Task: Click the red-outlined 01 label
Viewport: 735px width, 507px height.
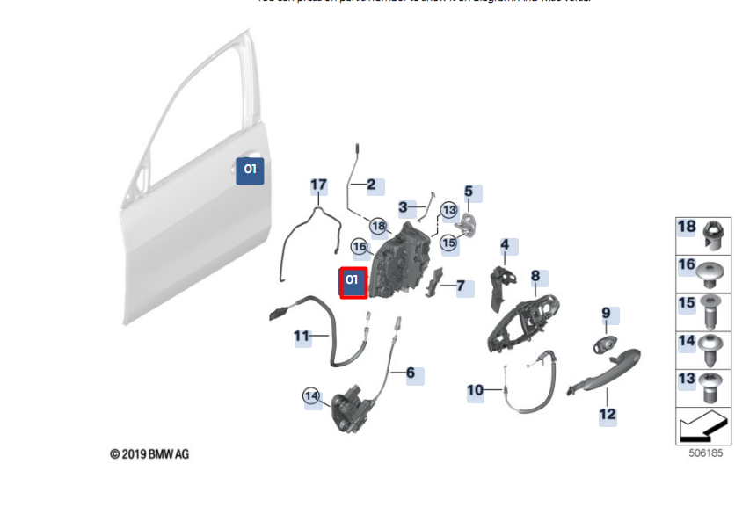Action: [x=353, y=282]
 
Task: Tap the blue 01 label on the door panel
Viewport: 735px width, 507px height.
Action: [x=250, y=170]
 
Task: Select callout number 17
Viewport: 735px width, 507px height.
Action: [x=318, y=185]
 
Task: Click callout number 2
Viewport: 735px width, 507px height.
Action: [x=371, y=185]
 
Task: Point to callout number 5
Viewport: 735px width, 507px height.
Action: [x=469, y=192]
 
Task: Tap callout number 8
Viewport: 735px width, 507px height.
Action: [x=535, y=277]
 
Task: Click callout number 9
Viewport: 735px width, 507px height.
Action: [x=606, y=313]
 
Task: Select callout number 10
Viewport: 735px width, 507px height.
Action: [x=475, y=390]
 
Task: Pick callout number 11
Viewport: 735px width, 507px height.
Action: [x=302, y=336]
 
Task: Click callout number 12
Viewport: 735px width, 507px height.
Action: [x=608, y=414]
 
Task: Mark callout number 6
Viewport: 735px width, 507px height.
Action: [x=410, y=373]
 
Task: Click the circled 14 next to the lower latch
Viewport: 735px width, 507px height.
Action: [x=311, y=396]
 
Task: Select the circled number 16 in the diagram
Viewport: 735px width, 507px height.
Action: [x=360, y=247]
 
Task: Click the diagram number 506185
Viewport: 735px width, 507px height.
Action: [x=705, y=454]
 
